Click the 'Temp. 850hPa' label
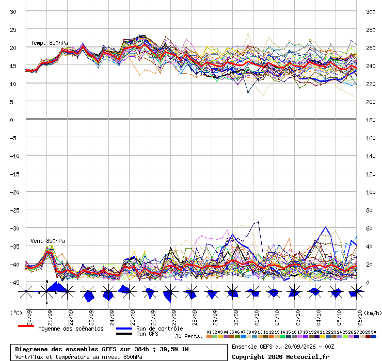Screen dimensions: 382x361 click(49, 43)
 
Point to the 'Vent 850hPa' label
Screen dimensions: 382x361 click(47, 241)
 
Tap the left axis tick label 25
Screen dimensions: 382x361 click(13, 30)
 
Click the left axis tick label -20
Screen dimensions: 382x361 click(14, 192)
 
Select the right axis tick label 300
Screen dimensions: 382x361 click(371, 12)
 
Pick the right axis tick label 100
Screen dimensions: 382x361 click(371, 192)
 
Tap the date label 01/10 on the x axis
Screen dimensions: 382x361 click(257, 318)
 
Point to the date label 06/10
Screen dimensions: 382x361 click(360, 318)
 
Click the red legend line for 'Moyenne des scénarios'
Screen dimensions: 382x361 click(26, 326)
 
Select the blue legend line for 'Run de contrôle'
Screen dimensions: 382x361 click(124, 329)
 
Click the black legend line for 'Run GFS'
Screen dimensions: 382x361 click(124, 334)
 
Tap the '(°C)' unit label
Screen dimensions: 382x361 click(16, 313)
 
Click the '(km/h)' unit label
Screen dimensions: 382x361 click(373, 313)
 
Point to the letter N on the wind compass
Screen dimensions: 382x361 click(47, 282)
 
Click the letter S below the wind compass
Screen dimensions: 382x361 click(47, 302)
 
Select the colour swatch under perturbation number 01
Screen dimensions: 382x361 click(209, 337)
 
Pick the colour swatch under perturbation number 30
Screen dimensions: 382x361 click(373, 337)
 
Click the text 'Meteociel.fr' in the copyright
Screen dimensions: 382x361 click(308, 357)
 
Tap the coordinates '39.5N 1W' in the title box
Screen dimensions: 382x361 click(174, 349)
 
